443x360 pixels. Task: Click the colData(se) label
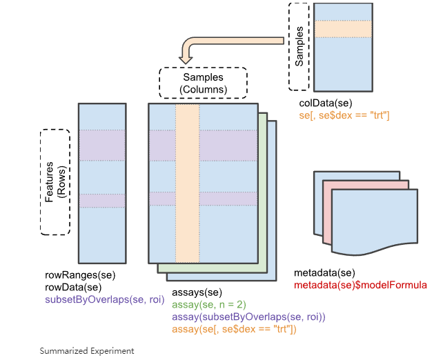pyautogui.click(x=326, y=103)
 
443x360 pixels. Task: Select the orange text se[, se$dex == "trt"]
pyautogui.click(x=345, y=115)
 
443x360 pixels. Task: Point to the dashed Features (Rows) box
pyautogui.click(x=55, y=182)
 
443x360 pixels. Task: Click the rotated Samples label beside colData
pyautogui.click(x=299, y=47)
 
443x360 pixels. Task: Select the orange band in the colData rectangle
pyautogui.click(x=343, y=28)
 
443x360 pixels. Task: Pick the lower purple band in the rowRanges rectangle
pyautogui.click(x=102, y=200)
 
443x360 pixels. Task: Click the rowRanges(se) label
pyautogui.click(x=79, y=275)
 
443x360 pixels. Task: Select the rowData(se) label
pyautogui.click(x=74, y=287)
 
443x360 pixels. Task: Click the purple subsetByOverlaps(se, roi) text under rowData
pyautogui.click(x=104, y=299)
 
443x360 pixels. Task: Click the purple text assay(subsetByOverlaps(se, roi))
pyautogui.click(x=248, y=317)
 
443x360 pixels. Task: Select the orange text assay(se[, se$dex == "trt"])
pyautogui.click(x=234, y=329)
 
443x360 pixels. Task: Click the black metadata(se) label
pyautogui.click(x=324, y=273)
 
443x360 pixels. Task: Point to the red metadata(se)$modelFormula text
pyautogui.click(x=360, y=285)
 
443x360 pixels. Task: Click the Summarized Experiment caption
pyautogui.click(x=87, y=350)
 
